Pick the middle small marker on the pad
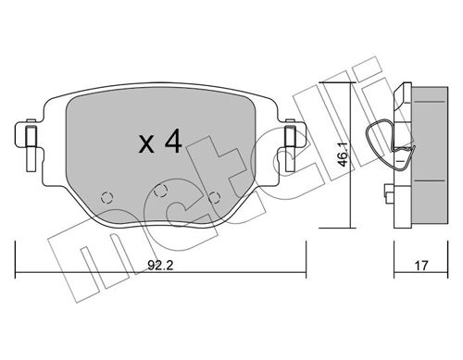(161, 191)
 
